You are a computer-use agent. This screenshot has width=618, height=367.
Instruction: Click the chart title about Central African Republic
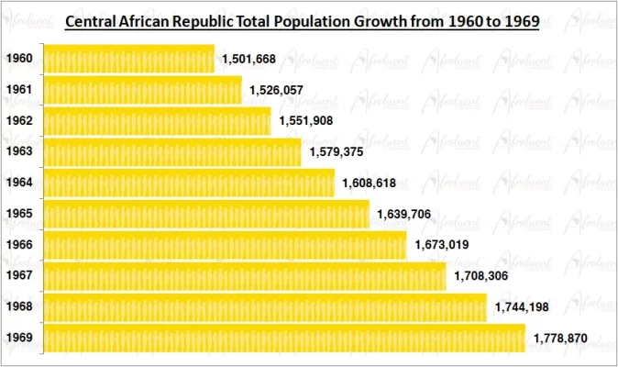tap(302, 20)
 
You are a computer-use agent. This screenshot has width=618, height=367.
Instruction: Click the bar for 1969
tap(283, 339)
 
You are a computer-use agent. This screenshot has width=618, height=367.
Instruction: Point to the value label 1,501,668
tap(249, 60)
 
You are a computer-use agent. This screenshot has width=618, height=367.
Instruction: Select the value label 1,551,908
tap(306, 121)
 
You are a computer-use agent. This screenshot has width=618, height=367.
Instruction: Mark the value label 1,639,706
tap(404, 215)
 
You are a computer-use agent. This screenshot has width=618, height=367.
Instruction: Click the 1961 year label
tap(20, 90)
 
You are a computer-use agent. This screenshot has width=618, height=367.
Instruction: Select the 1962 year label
tap(20, 121)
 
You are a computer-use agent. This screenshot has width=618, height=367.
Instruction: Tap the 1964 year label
tap(20, 183)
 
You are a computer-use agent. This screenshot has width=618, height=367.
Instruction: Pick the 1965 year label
tap(20, 214)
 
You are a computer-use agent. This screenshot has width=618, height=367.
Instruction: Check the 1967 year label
tap(20, 275)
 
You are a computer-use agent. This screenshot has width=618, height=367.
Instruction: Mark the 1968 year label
tap(20, 306)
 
